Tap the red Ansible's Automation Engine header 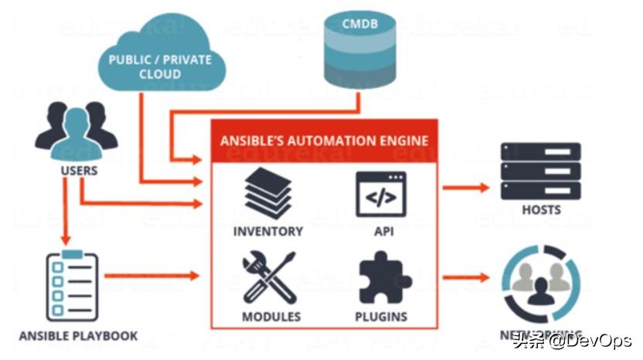pos(325,141)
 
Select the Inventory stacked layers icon pos(267,193)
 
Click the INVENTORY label pos(268,231)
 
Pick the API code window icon pos(381,194)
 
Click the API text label pos(381,231)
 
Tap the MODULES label pos(270,317)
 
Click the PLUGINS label pos(381,317)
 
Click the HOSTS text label pos(541,209)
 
